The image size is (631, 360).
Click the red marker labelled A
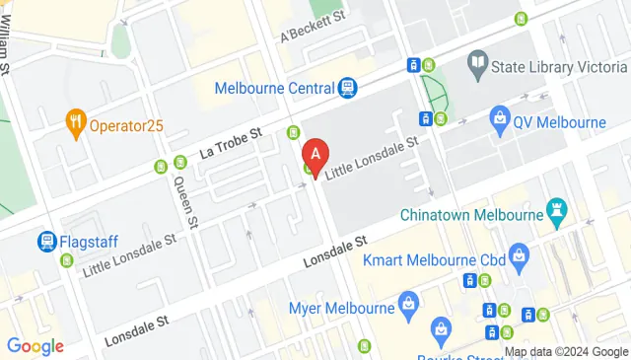click(315, 156)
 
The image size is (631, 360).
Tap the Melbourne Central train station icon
click(347, 89)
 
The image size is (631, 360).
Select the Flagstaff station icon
click(46, 240)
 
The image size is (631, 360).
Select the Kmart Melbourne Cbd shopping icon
click(521, 259)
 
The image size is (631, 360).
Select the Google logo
click(35, 346)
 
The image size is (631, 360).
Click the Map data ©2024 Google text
click(566, 352)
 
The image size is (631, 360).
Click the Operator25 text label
click(126, 124)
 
